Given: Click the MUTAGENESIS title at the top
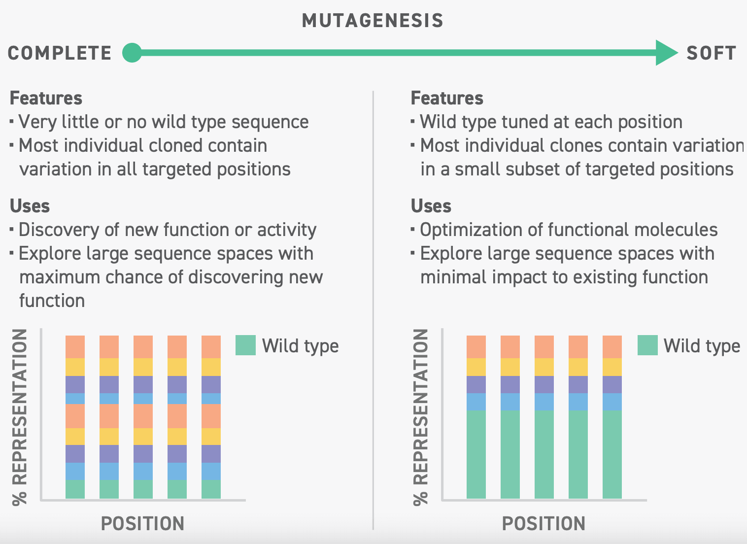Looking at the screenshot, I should [x=373, y=21].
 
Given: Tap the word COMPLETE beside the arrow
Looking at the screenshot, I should [x=60, y=53].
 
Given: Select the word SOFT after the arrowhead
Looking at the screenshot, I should [x=711, y=53].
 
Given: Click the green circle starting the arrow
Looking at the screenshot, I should [x=132, y=53].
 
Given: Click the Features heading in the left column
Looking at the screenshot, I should [x=46, y=98].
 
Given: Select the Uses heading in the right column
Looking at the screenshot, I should [x=431, y=206].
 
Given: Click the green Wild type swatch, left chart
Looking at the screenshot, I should [x=245, y=345].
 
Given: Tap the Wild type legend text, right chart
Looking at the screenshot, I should [x=702, y=346].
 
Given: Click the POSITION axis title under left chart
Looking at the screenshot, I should [x=142, y=523].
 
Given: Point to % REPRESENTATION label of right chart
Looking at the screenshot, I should [x=421, y=417].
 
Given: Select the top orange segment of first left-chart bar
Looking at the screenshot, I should [x=75, y=346].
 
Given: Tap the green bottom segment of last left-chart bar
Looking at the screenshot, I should [x=211, y=489].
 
